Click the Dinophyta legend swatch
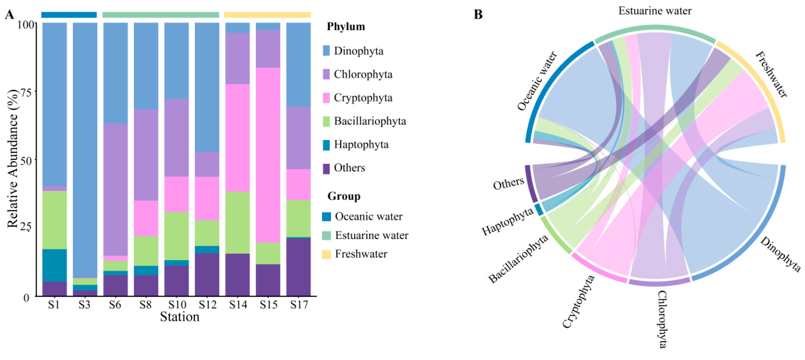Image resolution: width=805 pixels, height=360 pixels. click(326, 51)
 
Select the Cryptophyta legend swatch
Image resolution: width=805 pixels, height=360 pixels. click(326, 97)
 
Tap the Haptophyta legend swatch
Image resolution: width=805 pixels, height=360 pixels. click(326, 145)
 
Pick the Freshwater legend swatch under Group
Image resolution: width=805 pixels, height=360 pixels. click(326, 254)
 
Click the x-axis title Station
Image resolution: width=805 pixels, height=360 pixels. click(180, 317)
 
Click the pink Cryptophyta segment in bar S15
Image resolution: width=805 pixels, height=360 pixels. click(268, 155)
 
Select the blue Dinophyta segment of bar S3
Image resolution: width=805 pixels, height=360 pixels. click(85, 150)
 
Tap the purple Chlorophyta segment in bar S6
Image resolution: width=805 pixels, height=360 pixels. click(115, 189)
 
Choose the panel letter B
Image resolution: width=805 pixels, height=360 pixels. click(478, 14)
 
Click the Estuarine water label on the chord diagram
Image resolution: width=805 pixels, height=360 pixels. click(655, 11)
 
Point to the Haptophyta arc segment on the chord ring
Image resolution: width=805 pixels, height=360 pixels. click(539, 209)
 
